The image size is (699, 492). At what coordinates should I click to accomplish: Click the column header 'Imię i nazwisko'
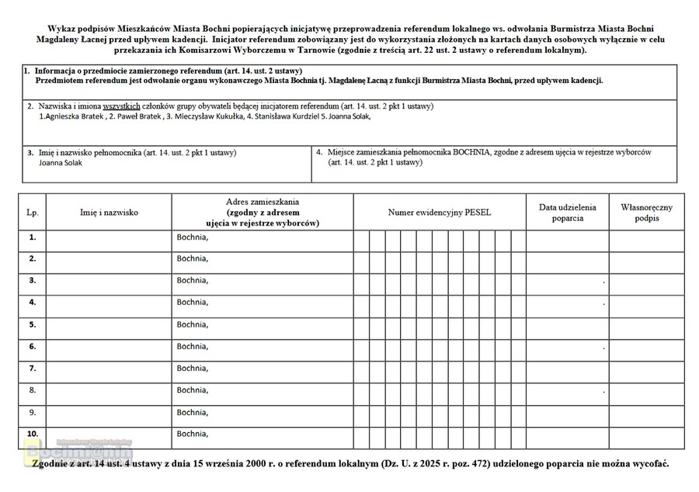click(109, 211)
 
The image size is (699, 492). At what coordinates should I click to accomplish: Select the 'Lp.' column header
click(32, 211)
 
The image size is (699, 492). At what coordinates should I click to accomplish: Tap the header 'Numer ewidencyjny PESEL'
click(440, 211)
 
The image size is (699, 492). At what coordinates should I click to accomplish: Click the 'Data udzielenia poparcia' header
click(567, 212)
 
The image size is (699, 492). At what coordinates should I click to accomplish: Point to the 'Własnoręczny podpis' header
click(646, 212)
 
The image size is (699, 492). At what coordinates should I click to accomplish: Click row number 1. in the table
click(32, 237)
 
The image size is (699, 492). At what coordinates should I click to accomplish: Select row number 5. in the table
click(32, 324)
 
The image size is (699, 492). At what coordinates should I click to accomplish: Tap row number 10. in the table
click(32, 433)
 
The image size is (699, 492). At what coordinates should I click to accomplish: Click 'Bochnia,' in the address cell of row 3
click(193, 280)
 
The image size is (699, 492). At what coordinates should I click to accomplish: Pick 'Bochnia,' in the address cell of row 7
click(193, 368)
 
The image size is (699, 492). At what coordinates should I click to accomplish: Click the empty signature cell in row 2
click(646, 259)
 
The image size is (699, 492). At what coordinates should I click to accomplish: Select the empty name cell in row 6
click(109, 346)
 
